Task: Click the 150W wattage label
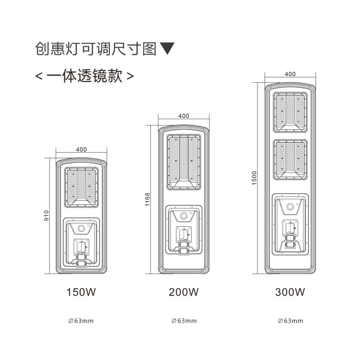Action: coord(81,292)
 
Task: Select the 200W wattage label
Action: coord(184,292)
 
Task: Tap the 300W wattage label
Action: coord(290,292)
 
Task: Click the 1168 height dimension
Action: coord(148,199)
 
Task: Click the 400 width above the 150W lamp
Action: coord(81,149)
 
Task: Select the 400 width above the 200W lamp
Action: coord(184,116)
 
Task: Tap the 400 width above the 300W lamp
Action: coord(290,74)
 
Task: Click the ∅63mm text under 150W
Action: coord(81,321)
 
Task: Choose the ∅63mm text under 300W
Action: coord(290,321)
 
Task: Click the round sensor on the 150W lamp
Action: coord(81,229)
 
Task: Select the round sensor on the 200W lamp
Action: coord(184,216)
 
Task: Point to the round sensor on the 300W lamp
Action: coord(290,208)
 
